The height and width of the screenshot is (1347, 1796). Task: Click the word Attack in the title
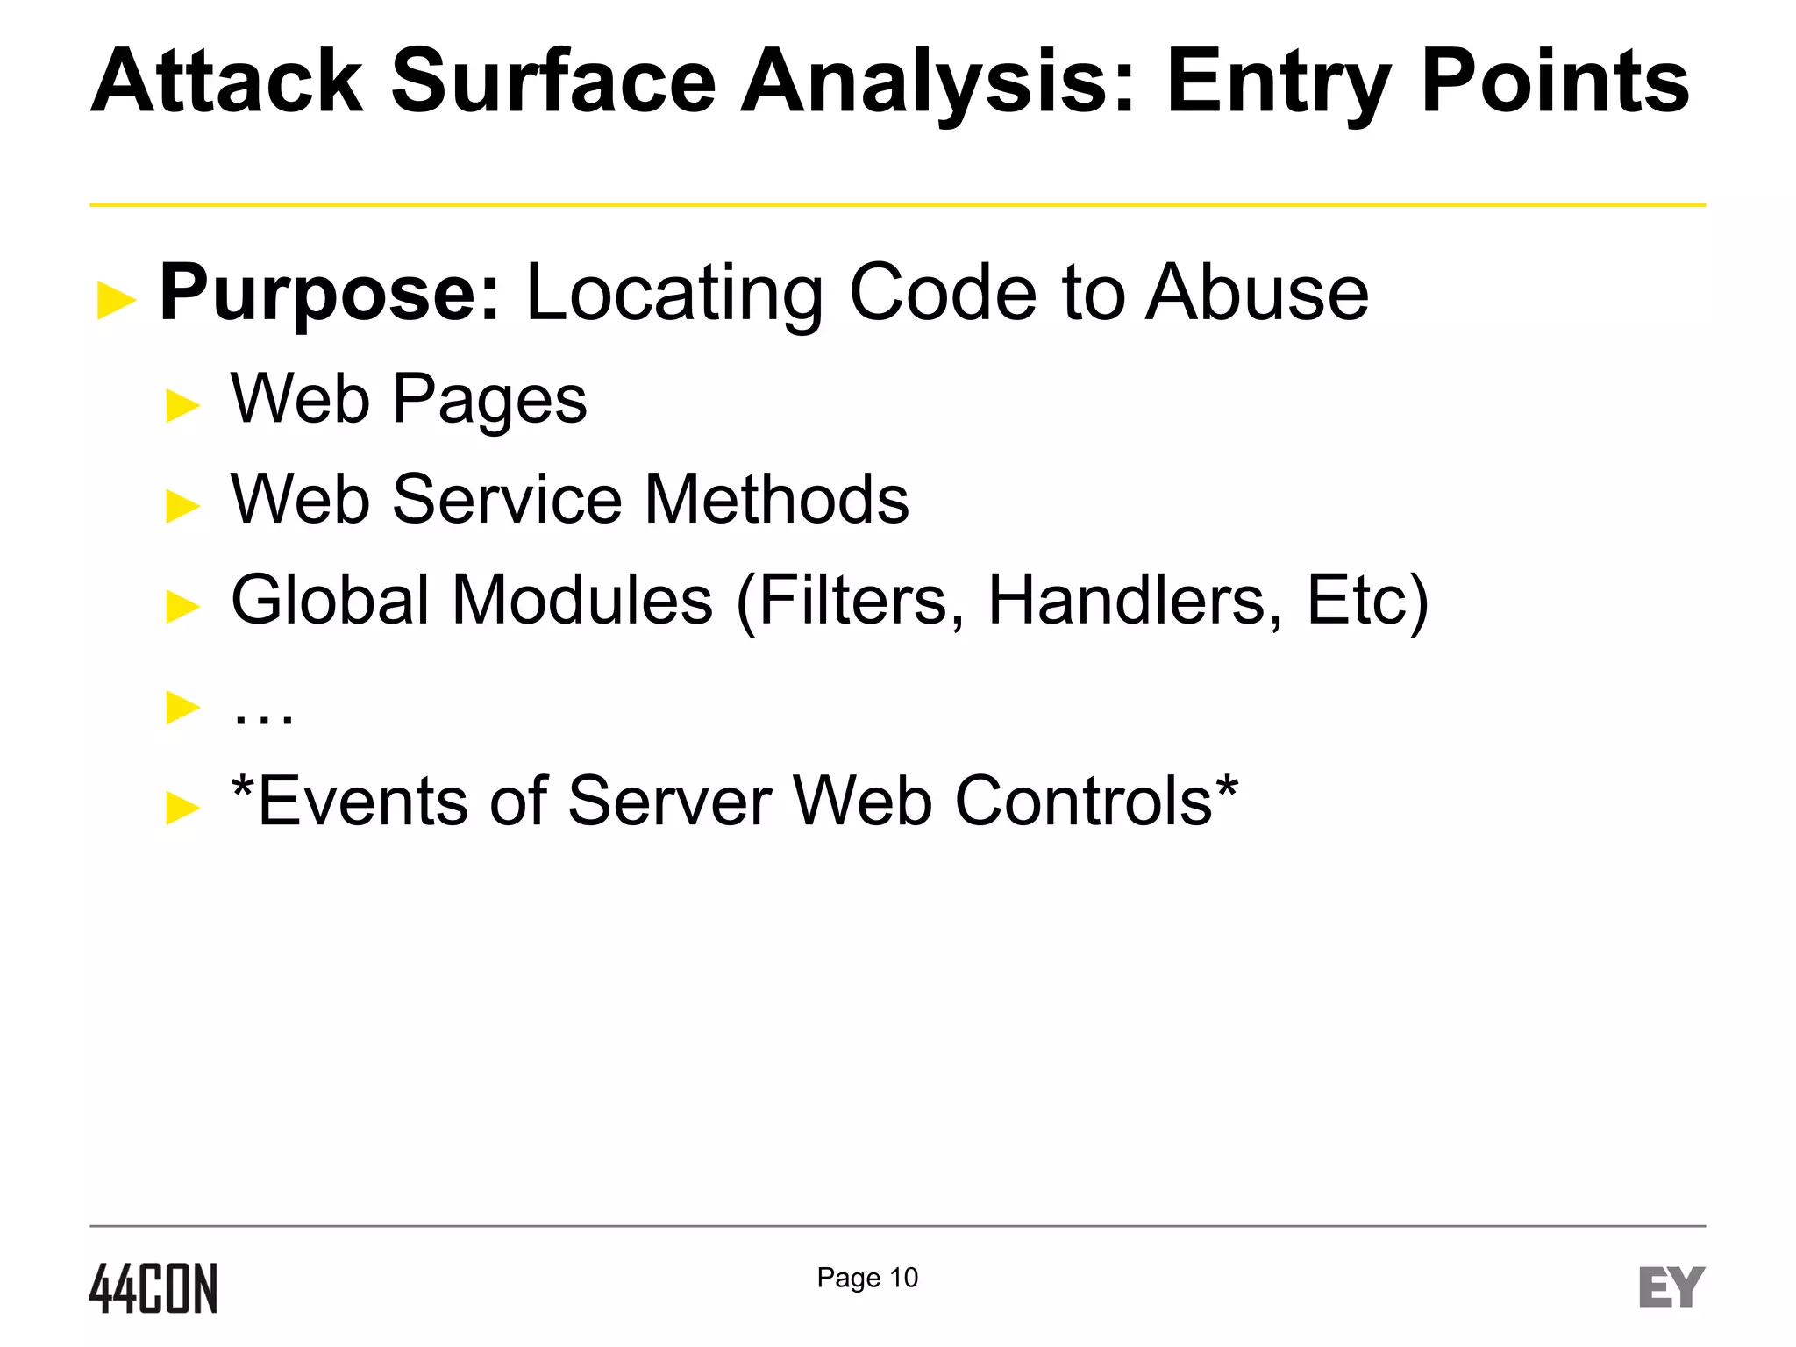point(227,82)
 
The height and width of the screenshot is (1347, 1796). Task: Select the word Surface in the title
point(553,82)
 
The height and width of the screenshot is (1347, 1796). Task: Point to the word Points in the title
point(1555,82)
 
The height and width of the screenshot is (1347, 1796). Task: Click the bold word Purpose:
point(330,294)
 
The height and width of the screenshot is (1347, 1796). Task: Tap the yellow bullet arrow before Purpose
point(117,300)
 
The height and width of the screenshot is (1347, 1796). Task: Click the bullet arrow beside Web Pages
point(182,406)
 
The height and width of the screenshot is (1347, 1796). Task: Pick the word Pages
point(489,401)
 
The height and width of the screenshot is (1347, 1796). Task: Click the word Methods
point(777,500)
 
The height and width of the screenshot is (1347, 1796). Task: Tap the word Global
point(330,601)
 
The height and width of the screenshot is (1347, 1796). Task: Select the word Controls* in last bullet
point(1096,802)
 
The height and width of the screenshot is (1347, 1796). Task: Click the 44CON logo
point(153,1288)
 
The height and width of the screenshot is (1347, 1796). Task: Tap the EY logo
point(1671,1287)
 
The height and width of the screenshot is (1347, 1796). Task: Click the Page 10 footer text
point(867,1278)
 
